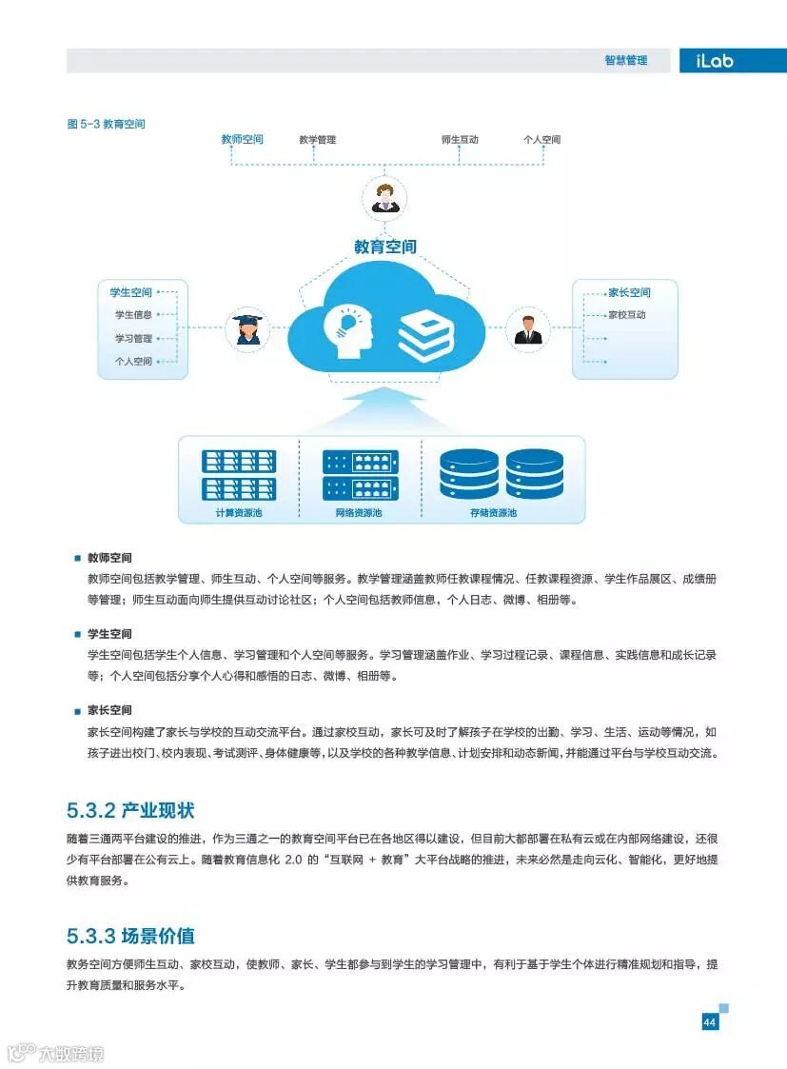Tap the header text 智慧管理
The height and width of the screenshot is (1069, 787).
point(625,61)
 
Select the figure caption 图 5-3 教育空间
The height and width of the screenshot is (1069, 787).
point(106,124)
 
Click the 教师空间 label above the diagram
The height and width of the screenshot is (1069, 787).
point(242,139)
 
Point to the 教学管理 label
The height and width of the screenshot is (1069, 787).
point(317,140)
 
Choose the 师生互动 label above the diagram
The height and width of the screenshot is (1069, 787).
point(460,140)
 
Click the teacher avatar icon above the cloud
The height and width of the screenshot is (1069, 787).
point(384,198)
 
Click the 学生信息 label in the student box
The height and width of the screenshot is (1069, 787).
point(133,315)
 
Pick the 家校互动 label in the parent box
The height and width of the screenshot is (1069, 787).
point(627,315)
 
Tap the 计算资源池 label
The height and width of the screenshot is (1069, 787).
point(238,513)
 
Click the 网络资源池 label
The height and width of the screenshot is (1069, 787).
point(359,513)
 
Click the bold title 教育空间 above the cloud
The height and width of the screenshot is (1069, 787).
point(384,247)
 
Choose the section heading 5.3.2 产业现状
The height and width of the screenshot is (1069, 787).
point(130,811)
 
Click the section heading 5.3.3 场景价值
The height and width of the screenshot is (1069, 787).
point(130,936)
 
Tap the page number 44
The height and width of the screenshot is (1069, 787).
point(709,1022)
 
